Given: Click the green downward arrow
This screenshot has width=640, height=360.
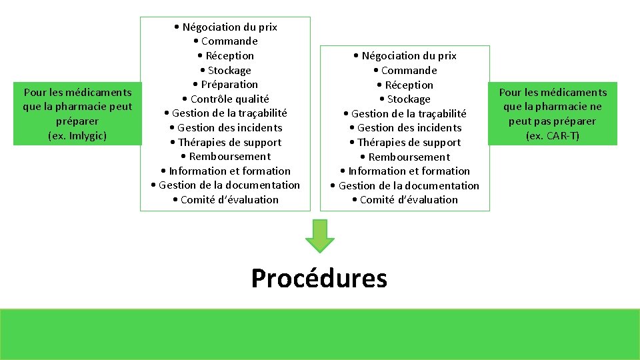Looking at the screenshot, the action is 320,235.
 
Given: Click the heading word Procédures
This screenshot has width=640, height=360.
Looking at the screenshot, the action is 319,278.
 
